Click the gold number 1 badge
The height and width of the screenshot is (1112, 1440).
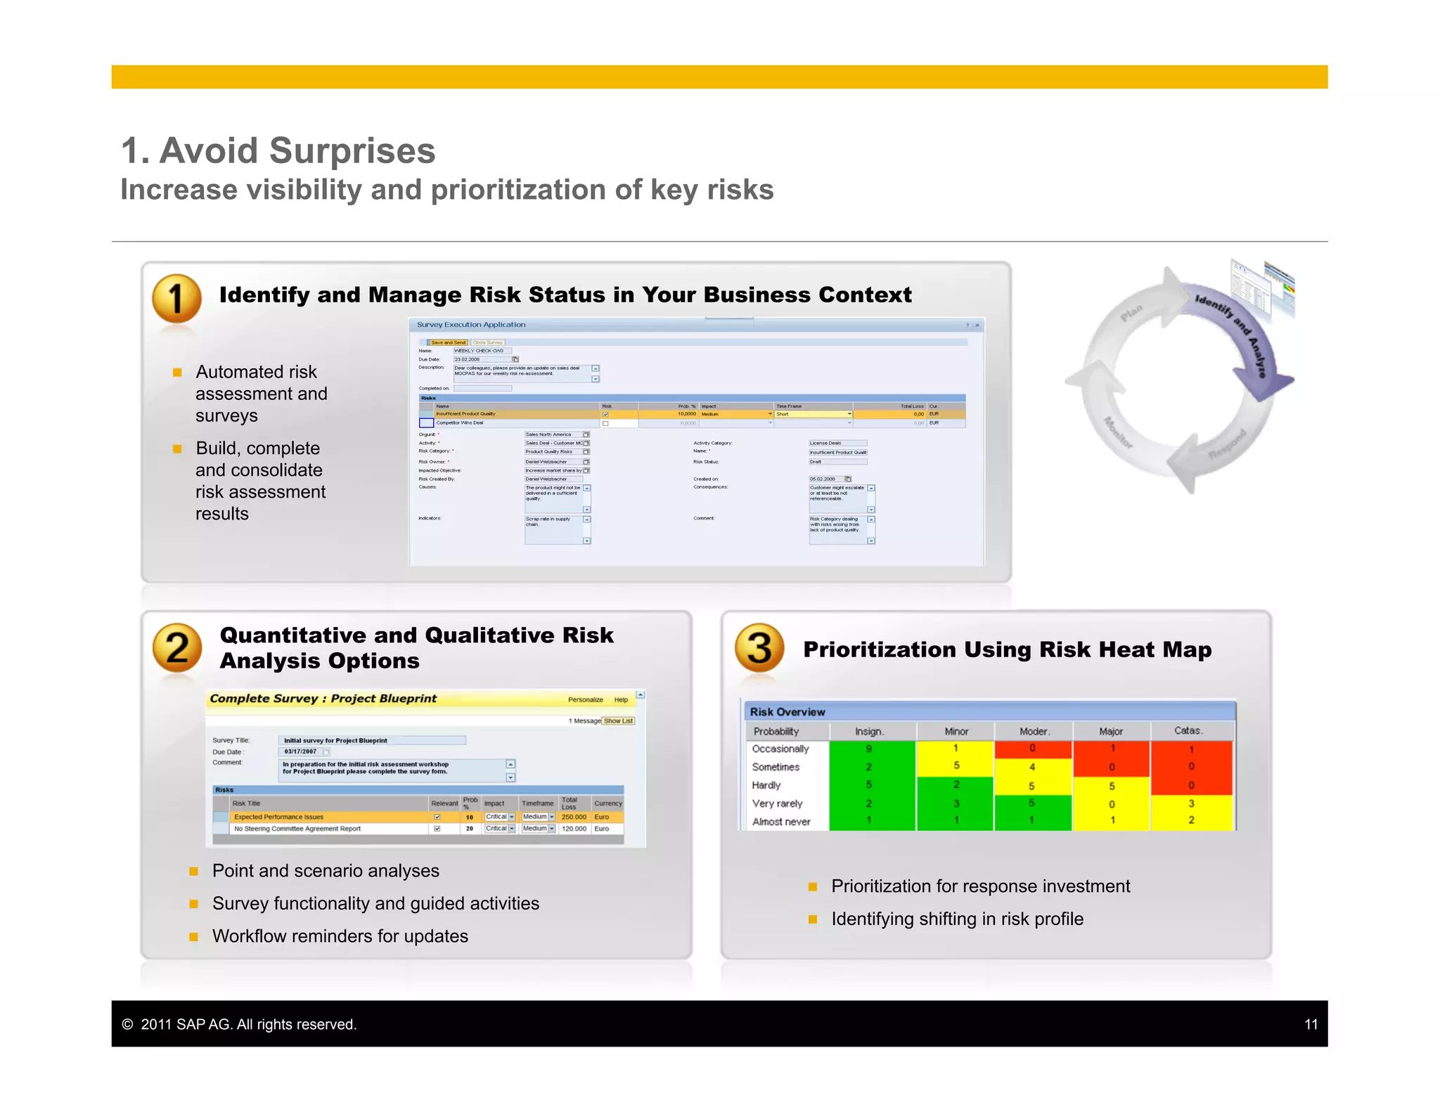(176, 298)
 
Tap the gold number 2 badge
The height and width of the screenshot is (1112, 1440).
(176, 647)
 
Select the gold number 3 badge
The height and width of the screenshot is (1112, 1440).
(759, 647)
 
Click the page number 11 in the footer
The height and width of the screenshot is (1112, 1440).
(1311, 1024)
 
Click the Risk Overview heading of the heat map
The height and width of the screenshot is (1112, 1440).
(787, 711)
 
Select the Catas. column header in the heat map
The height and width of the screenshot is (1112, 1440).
(1188, 731)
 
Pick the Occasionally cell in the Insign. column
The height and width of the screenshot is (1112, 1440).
(870, 749)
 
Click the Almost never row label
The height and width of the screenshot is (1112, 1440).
(781, 822)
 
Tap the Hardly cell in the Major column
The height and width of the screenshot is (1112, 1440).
(1112, 786)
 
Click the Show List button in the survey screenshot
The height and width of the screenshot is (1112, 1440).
(618, 720)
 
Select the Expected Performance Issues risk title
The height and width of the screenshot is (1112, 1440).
(279, 817)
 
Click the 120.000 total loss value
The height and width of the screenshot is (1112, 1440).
(574, 829)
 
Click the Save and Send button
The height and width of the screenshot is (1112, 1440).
(448, 342)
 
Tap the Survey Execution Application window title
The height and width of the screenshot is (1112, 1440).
(471, 325)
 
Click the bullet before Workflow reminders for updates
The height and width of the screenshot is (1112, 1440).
(194, 936)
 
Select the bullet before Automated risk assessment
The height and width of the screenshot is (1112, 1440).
(177, 373)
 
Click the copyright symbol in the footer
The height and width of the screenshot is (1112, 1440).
(127, 1024)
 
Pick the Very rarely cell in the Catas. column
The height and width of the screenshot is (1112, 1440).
(1191, 803)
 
